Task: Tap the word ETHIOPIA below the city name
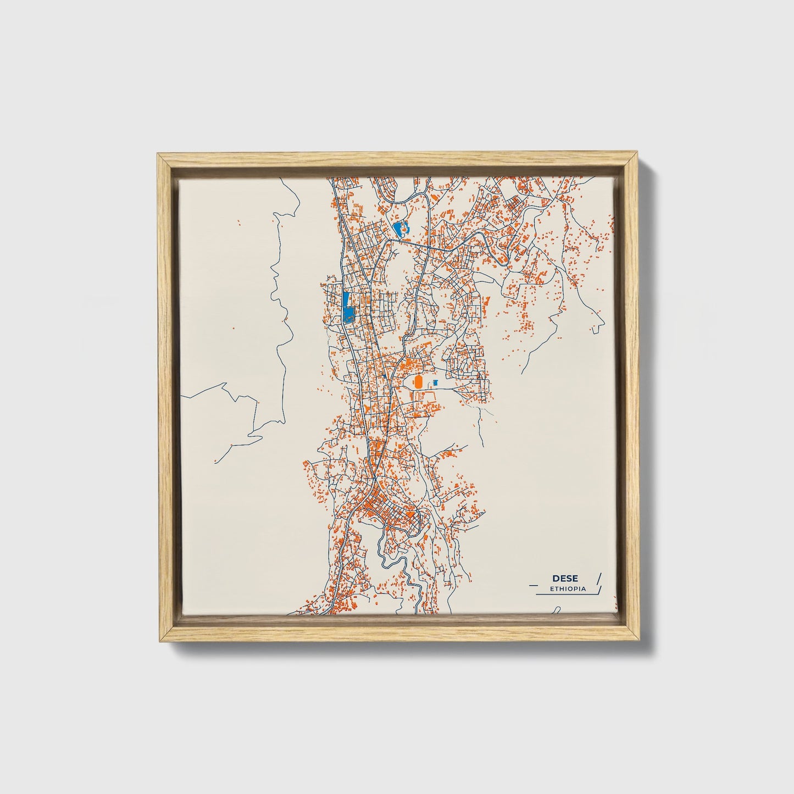click(568, 588)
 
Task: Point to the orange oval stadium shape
click(419, 381)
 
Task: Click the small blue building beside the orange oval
click(436, 381)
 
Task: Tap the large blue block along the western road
click(347, 307)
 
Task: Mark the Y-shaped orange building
click(365, 410)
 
